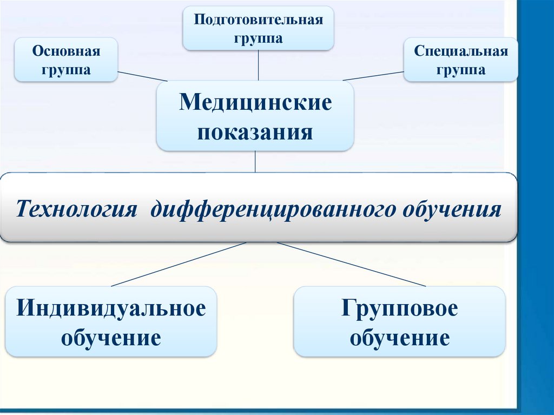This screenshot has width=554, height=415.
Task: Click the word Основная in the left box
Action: point(66,52)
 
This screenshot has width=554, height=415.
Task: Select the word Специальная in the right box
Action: point(461,52)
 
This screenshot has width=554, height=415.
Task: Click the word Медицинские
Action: point(255,102)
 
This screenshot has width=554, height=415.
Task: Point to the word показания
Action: point(255,132)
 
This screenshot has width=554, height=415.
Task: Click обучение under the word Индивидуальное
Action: point(111,338)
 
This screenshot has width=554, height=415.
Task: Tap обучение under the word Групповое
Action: point(399,338)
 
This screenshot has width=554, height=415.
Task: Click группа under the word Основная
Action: point(66,70)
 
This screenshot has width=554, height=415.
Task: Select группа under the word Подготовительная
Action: point(259,39)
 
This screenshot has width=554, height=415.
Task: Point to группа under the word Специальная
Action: point(461,70)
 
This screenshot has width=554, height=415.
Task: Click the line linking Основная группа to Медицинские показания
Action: point(142,76)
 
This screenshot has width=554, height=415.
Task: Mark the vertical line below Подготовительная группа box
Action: point(259,65)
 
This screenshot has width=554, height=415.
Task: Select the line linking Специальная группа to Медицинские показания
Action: point(373,76)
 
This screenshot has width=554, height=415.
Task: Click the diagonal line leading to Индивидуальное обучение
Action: point(179,264)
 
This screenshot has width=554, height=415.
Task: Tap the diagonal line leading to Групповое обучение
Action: point(352,264)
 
